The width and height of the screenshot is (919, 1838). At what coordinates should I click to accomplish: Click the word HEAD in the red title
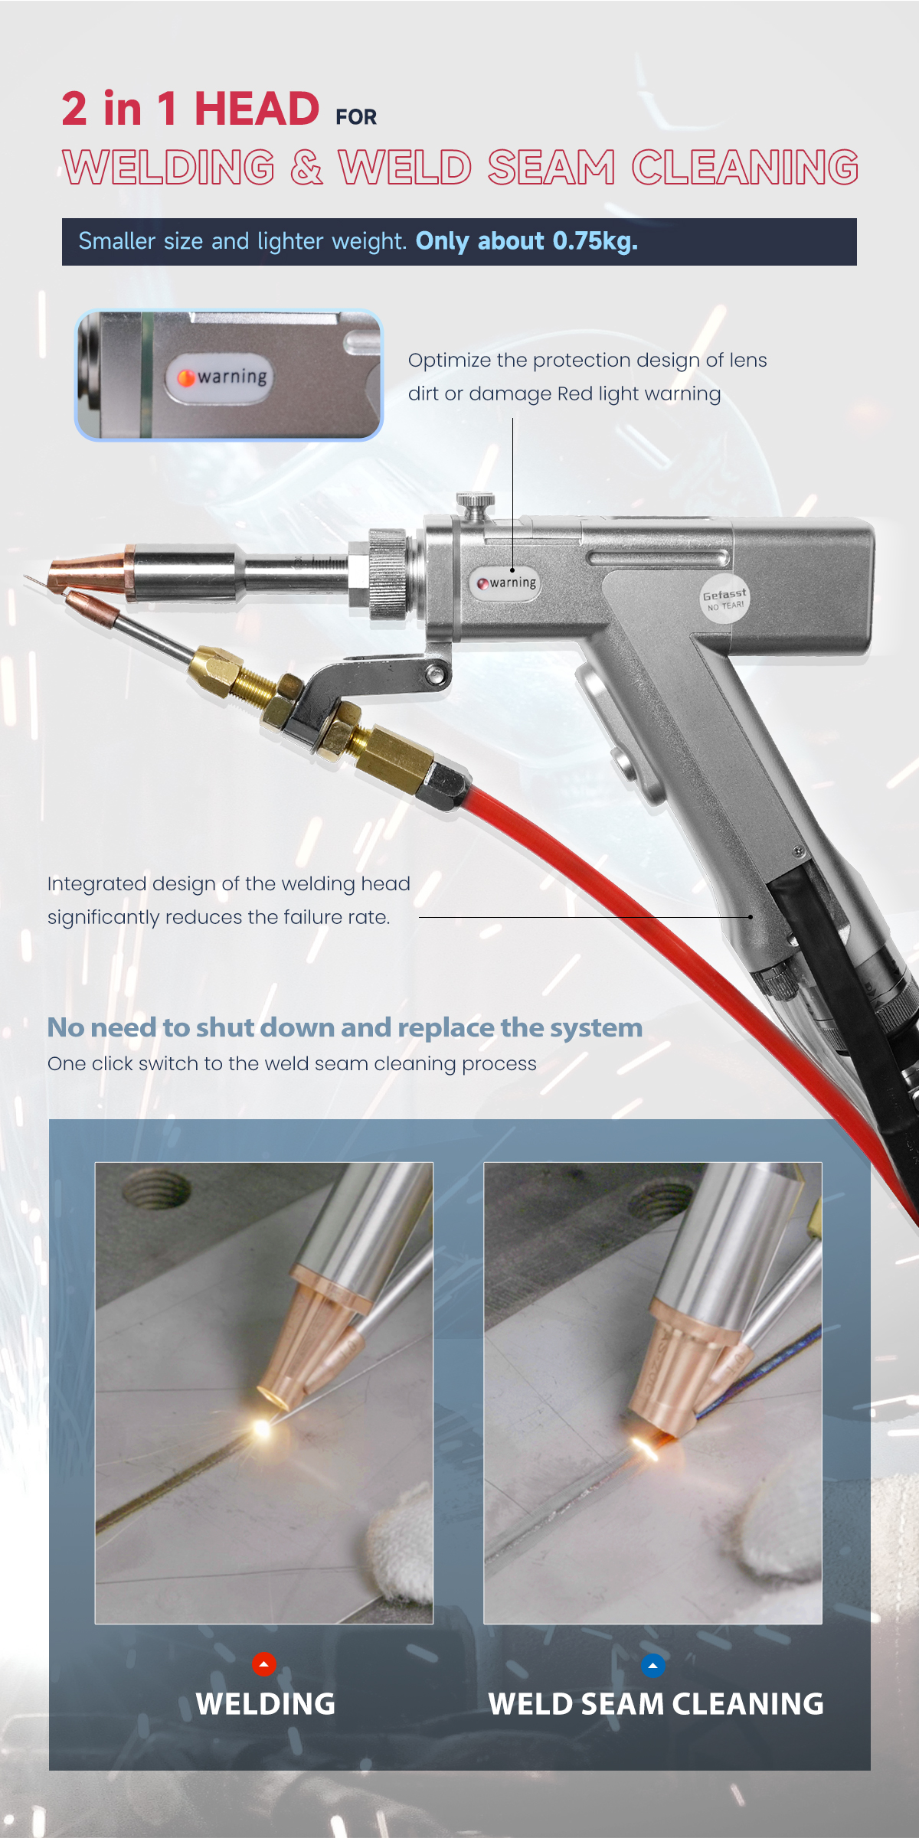[257, 109]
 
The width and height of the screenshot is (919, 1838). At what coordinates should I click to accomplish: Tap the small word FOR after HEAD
[356, 117]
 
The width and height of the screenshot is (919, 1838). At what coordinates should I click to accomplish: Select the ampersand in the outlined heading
[306, 168]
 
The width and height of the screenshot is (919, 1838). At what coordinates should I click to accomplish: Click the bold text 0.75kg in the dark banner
[595, 241]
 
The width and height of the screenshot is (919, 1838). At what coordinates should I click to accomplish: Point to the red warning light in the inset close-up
[186, 377]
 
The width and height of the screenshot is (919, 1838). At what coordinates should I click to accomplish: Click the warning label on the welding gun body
[505, 583]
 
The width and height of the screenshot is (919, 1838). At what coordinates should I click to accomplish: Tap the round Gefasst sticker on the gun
[724, 599]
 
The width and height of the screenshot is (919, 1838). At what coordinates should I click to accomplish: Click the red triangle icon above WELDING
[263, 1663]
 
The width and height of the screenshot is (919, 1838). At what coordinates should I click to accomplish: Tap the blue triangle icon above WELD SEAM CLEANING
[652, 1665]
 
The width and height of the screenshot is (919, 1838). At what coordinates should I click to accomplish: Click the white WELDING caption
[265, 1704]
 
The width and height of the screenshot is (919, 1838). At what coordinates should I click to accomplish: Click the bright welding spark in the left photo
[261, 1428]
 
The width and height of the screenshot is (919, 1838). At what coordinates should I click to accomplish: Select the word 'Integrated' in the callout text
[96, 884]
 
